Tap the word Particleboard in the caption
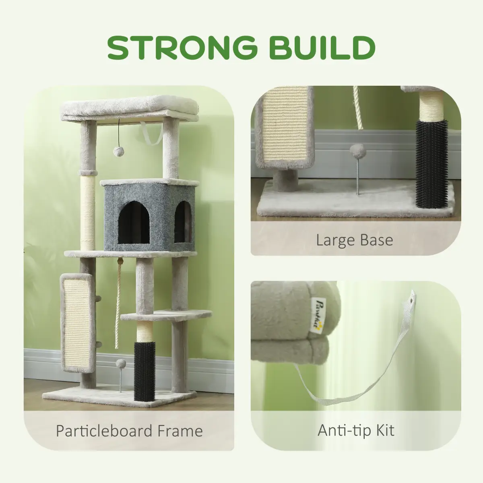pyautogui.click(x=104, y=431)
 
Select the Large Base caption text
pyautogui.click(x=355, y=240)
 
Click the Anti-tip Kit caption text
pyautogui.click(x=356, y=430)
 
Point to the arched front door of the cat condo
pyautogui.click(x=133, y=223)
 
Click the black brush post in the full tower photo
pyautogui.click(x=144, y=371)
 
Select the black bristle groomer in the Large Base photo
pyautogui.click(x=431, y=164)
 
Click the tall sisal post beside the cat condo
pyautogui.click(x=88, y=213)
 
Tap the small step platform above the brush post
pyautogui.click(x=166, y=316)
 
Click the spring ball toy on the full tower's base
pyautogui.click(x=121, y=374)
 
